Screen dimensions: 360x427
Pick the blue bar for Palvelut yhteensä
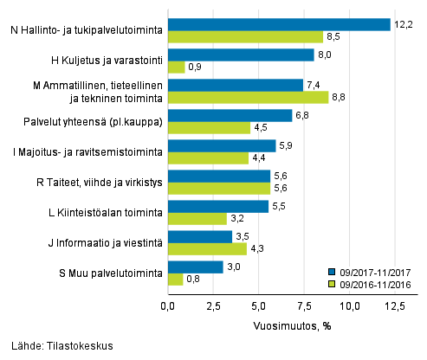(x=230, y=115)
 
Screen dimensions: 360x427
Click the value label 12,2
(x=402, y=24)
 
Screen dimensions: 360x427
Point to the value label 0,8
(x=194, y=280)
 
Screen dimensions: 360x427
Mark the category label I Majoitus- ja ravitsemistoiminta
(x=94, y=152)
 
